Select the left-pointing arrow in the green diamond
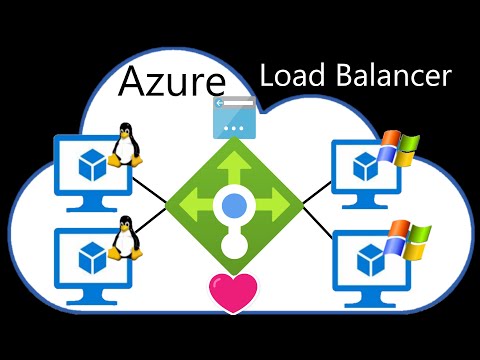[188, 207]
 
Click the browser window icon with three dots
[233, 119]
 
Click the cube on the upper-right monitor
[368, 166]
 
